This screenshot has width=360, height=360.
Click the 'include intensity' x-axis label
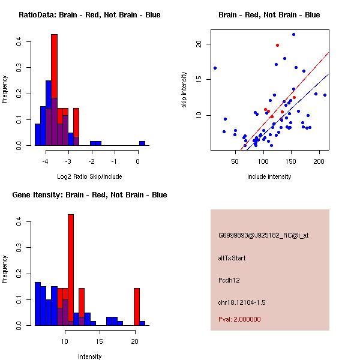coord(269,176)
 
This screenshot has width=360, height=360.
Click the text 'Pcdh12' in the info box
coord(229,280)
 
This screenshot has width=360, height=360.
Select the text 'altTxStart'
coord(232,258)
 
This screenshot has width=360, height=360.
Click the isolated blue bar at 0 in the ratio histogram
coord(142,143)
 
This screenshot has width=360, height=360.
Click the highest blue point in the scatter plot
coord(293,34)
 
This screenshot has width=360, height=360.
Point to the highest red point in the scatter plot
coord(277,45)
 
